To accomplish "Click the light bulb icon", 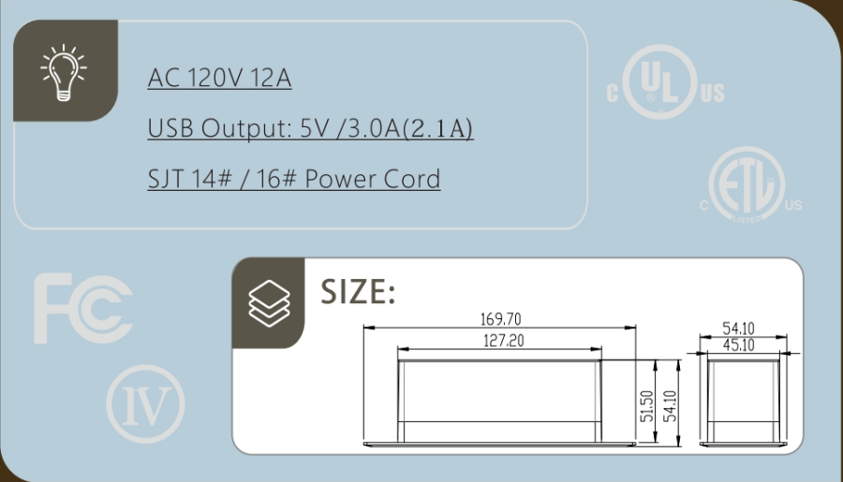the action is (64, 72).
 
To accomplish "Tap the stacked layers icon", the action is (269, 303).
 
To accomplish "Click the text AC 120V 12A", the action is (219, 78).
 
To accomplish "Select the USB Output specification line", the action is (310, 128).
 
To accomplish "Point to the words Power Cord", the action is (372, 179).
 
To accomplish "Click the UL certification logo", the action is (666, 81).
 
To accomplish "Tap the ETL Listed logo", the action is (750, 185).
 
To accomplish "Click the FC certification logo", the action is (82, 309).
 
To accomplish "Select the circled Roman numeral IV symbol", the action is (145, 404).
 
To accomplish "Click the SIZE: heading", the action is (358, 292).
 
